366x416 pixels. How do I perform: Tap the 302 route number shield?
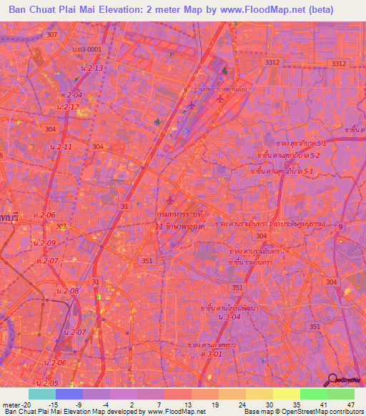(61, 227)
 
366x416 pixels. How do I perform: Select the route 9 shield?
(340, 227)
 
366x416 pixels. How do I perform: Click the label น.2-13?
(94, 67)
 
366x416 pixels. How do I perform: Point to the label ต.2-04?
(71, 94)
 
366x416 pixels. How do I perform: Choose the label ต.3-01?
(212, 354)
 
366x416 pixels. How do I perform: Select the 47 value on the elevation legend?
(351, 404)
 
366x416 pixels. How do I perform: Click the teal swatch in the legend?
(42, 394)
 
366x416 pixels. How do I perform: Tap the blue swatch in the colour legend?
(69, 394)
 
